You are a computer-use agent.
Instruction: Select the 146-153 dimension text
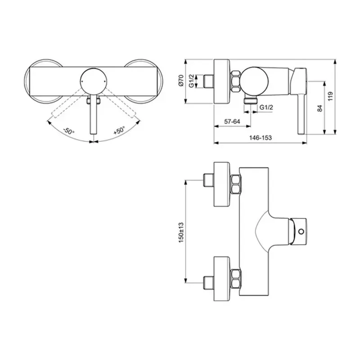pyautogui.click(x=261, y=138)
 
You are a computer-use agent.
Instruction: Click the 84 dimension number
pyautogui.click(x=332, y=108)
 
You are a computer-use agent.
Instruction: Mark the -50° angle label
pyautogui.click(x=68, y=132)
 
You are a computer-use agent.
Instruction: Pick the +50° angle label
pyautogui.click(x=119, y=131)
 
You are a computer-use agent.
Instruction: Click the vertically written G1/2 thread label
pyautogui.click(x=191, y=81)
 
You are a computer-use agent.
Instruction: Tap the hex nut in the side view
pyautogui.click(x=235, y=81)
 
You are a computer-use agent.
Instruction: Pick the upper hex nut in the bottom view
pyautogui.click(x=236, y=185)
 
